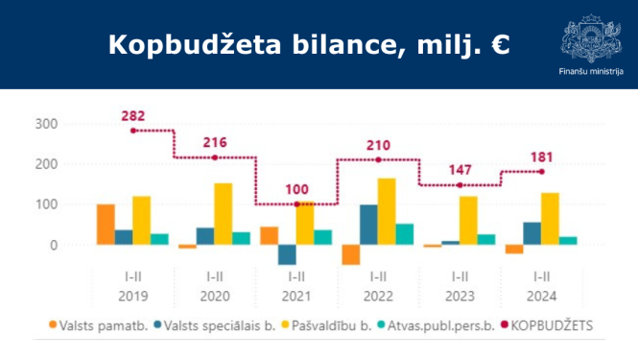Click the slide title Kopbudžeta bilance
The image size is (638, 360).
click(x=308, y=44)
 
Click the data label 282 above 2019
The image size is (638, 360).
click(x=133, y=116)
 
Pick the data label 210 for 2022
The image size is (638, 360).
click(x=379, y=145)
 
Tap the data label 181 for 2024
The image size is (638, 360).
click(x=542, y=156)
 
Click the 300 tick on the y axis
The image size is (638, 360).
click(x=46, y=124)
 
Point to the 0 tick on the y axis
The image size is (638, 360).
click(x=53, y=245)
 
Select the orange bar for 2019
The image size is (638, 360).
click(x=106, y=225)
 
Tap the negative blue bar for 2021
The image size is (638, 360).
click(x=287, y=254)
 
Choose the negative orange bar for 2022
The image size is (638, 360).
click(x=351, y=254)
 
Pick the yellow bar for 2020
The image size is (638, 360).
click(x=224, y=214)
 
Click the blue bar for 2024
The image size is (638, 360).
click(x=532, y=233)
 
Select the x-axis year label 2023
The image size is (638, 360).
click(x=461, y=296)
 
